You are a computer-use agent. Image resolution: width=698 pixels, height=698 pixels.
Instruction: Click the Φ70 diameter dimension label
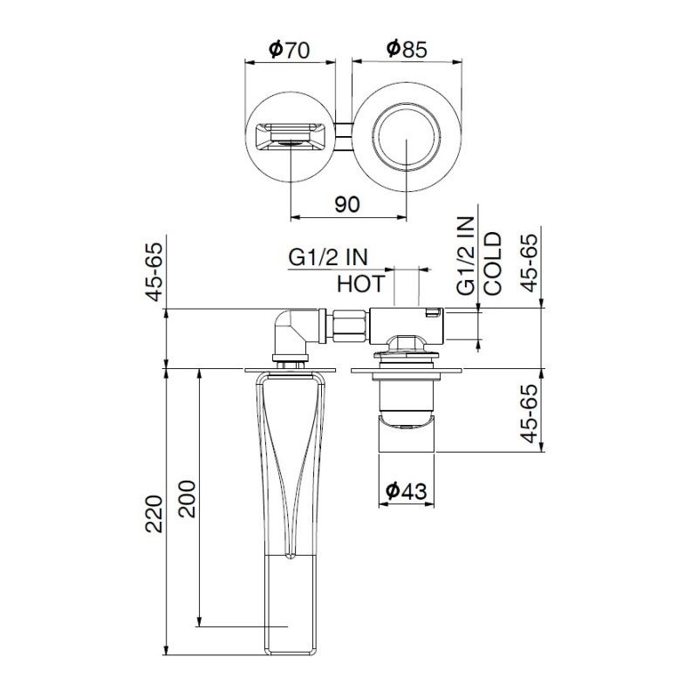pyautogui.click(x=290, y=50)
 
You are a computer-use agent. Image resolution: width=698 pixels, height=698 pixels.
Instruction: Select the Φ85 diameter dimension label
pyautogui.click(x=407, y=49)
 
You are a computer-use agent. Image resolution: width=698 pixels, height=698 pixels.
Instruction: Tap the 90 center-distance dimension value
pyautogui.click(x=346, y=204)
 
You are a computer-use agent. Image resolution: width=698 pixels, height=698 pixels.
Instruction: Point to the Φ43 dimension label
pyautogui.click(x=406, y=491)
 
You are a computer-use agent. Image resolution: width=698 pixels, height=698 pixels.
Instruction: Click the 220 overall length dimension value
pyautogui.click(x=154, y=514)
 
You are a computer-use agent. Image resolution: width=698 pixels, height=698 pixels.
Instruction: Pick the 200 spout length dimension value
pyautogui.click(x=188, y=498)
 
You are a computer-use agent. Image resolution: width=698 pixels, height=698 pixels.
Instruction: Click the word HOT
pyautogui.click(x=360, y=284)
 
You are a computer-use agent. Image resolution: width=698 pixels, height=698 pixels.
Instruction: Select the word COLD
pyautogui.click(x=493, y=263)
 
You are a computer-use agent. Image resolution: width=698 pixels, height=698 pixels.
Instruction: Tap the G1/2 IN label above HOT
pyautogui.click(x=328, y=257)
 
